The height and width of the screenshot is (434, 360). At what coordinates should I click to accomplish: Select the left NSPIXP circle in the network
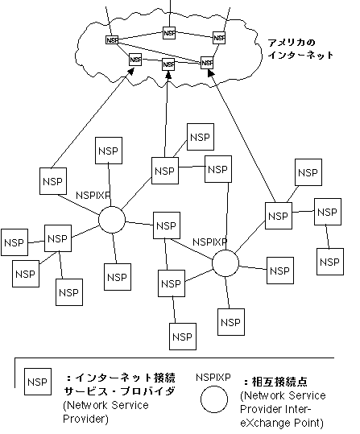(x=112, y=220)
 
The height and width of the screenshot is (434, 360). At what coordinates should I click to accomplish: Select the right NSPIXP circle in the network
(x=226, y=262)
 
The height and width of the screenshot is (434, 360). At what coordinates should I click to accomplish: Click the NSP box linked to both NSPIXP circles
(x=165, y=228)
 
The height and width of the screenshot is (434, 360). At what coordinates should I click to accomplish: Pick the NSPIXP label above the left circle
(x=93, y=195)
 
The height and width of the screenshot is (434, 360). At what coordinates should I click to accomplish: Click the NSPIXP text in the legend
(x=214, y=376)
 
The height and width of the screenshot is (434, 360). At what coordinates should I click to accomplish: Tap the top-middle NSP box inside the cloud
(x=168, y=33)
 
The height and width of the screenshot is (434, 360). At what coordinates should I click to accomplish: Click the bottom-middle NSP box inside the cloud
(x=168, y=64)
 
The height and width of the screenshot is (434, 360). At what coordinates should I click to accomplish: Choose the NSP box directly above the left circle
(x=108, y=151)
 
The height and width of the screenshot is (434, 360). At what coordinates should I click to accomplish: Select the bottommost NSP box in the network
(x=183, y=334)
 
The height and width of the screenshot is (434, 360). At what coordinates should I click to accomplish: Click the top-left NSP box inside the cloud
(x=112, y=40)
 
